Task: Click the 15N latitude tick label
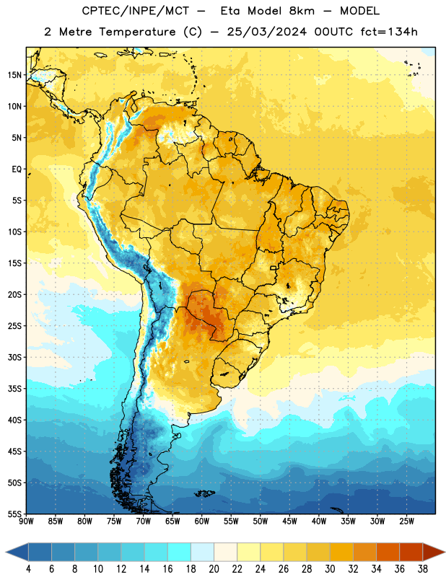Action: pos(14,75)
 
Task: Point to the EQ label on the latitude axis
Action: pos(17,169)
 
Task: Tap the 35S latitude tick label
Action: pos(14,389)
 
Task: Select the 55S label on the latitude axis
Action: pos(14,514)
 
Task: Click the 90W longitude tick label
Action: pos(26,521)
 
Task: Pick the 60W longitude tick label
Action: pos(202,521)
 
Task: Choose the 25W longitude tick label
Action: pos(406,521)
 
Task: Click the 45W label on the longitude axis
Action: pos(289,521)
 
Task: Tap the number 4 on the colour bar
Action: pos(28,569)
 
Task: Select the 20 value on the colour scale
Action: pos(214,569)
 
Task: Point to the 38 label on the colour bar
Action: pos(422,569)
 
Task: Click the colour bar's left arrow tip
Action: pos(6,552)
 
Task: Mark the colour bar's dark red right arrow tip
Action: pos(445,552)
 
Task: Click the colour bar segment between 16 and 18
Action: pos(180,552)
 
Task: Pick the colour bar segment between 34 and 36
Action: pos(388,552)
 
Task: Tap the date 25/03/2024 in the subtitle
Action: pos(266,32)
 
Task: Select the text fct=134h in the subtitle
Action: pos(389,32)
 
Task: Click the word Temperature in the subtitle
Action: pos(137,32)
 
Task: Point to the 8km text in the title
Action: pos(302,11)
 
